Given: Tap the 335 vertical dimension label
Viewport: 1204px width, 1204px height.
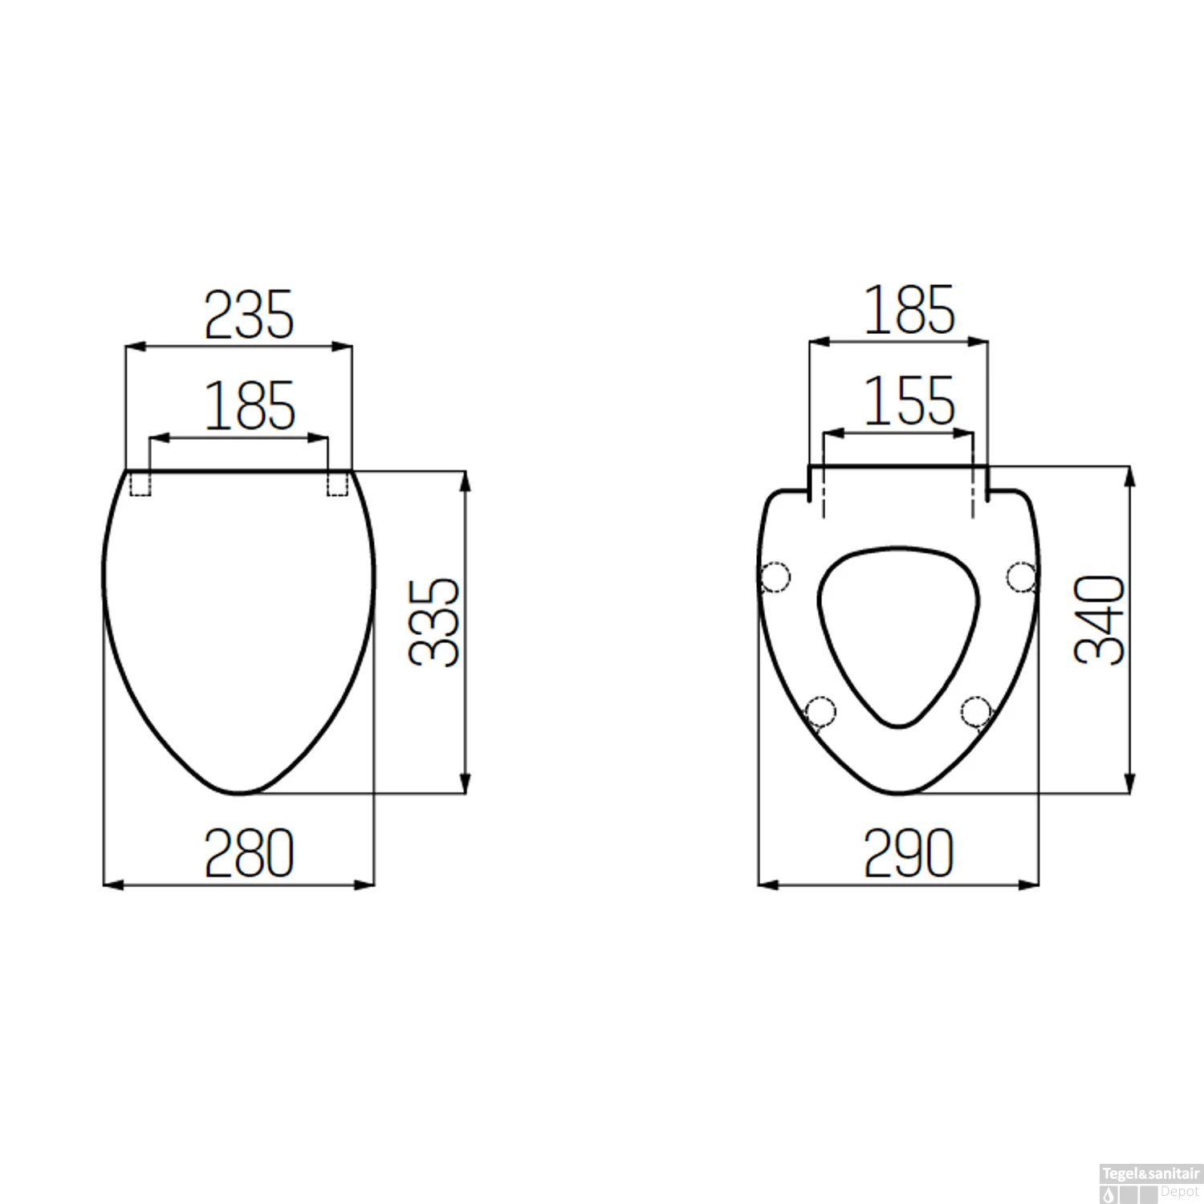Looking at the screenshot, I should point(434,623).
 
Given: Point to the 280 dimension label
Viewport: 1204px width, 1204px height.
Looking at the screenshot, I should point(250,853).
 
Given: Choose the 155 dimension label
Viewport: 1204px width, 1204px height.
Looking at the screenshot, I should point(909,401).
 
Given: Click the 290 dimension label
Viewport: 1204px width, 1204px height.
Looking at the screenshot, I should point(909,853).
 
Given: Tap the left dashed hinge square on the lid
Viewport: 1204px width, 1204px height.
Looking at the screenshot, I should point(140,483).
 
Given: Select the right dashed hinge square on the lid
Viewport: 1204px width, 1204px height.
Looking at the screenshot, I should point(338,483).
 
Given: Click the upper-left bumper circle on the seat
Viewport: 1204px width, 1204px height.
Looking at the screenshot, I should point(775,576).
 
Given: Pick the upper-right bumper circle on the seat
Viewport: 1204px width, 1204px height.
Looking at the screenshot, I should point(1022,576).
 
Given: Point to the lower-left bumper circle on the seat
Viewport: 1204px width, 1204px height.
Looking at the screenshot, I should point(820,710).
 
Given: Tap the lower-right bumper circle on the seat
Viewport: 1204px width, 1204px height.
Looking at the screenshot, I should point(976,710).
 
